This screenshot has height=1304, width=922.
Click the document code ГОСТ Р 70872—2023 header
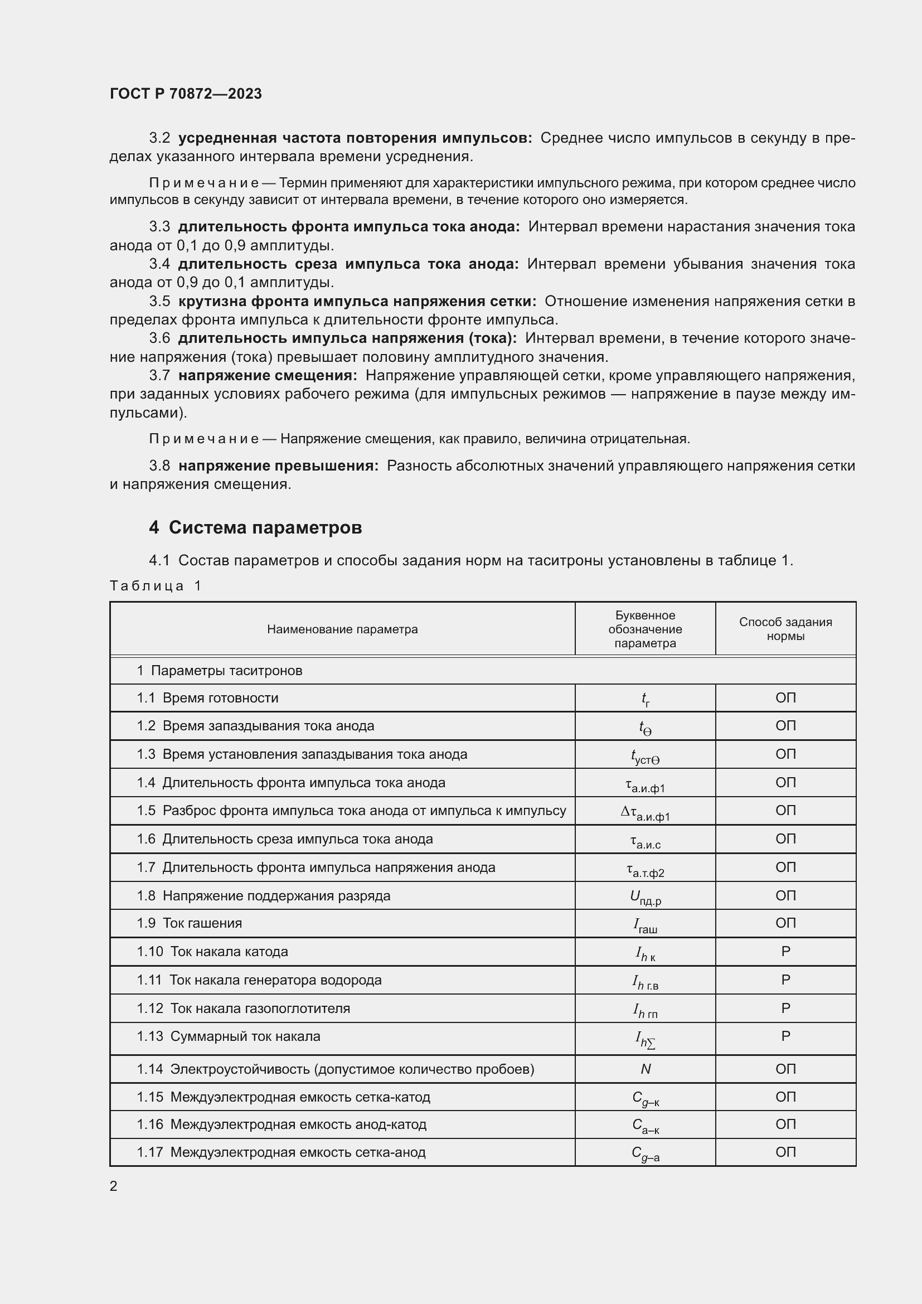coord(186,94)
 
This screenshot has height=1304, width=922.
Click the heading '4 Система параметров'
coord(255,527)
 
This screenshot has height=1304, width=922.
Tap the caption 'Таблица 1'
coord(156,585)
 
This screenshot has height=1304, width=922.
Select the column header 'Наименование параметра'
coord(342,629)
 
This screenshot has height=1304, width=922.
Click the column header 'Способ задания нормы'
coord(785,629)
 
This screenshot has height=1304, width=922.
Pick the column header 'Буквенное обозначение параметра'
coord(645,629)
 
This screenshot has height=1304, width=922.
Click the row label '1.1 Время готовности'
coord(208,697)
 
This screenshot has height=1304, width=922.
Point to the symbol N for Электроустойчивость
coord(646,1069)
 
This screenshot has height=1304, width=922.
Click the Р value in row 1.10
coord(786,951)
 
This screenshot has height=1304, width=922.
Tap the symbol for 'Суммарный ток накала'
coord(646,1039)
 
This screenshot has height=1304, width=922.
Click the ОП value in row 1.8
coord(786,896)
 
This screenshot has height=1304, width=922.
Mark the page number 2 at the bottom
coord(114,1186)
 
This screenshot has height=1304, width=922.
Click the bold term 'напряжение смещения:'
coord(268,375)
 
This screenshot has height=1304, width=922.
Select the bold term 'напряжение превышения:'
coord(278,466)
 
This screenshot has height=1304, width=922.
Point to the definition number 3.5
coord(159,301)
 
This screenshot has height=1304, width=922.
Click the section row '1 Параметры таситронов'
coord(220,670)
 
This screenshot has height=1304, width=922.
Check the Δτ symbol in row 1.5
coord(646,812)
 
